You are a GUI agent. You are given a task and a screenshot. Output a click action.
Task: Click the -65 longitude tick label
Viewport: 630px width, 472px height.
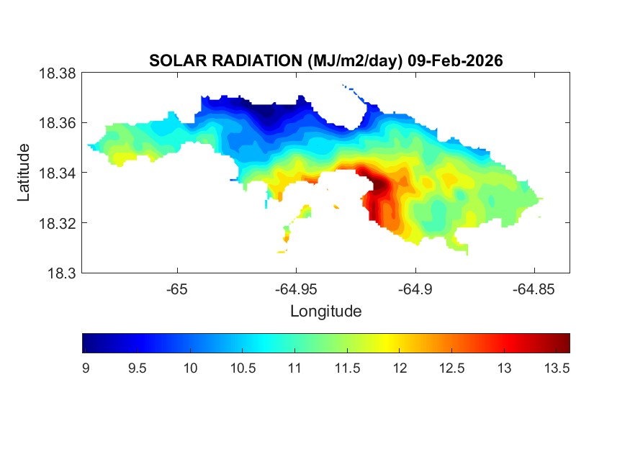[177, 289]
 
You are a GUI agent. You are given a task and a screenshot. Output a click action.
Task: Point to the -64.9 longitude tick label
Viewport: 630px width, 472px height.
[415, 289]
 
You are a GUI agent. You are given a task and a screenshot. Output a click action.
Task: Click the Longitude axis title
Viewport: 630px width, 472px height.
[325, 312]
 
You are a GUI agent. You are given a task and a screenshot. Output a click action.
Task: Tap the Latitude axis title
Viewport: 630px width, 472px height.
[24, 173]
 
